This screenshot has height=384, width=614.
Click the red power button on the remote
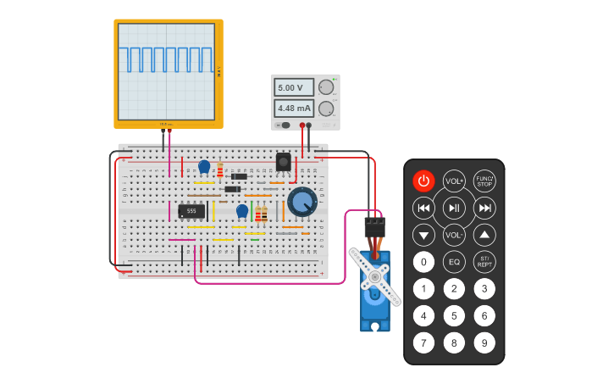coord(424,181)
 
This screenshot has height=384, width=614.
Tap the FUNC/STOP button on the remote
coord(484,181)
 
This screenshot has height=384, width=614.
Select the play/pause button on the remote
coord(455,208)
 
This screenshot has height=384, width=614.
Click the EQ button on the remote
coord(455,262)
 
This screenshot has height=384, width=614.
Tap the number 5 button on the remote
coord(455,315)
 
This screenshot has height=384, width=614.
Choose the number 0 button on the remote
coord(424,262)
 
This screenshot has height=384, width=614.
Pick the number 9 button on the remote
coord(484,342)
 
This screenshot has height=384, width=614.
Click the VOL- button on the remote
coord(455,235)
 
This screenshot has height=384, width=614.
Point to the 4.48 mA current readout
coord(294,109)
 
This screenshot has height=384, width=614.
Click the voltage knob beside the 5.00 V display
coord(325,87)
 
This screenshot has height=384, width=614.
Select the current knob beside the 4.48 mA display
coord(325,109)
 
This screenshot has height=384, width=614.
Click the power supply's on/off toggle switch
coord(285,125)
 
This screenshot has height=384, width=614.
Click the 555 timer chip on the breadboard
coord(191,210)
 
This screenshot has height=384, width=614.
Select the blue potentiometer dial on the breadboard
coord(301,202)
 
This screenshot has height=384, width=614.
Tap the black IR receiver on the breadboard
coord(283,161)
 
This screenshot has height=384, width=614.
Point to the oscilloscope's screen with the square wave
coord(167,71)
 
